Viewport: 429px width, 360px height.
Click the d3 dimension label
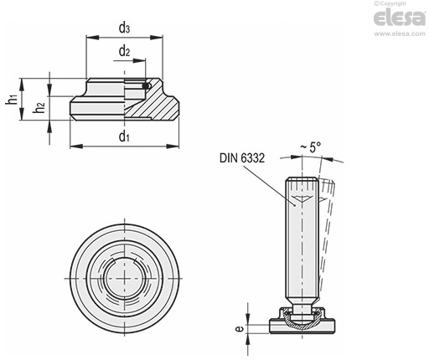pos(124,28)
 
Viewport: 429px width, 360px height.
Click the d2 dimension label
pos(124,51)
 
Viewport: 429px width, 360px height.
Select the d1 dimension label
pos(124,136)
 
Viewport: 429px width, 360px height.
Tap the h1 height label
pos(12,100)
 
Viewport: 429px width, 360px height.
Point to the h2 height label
pos(39,108)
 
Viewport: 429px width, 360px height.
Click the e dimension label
pos(240,329)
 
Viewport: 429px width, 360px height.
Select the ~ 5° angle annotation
pos(310,147)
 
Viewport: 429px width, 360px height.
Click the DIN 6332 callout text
pos(242,158)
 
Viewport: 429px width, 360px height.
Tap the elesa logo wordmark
pos(400,18)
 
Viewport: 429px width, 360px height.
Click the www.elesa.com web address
pos(400,33)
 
